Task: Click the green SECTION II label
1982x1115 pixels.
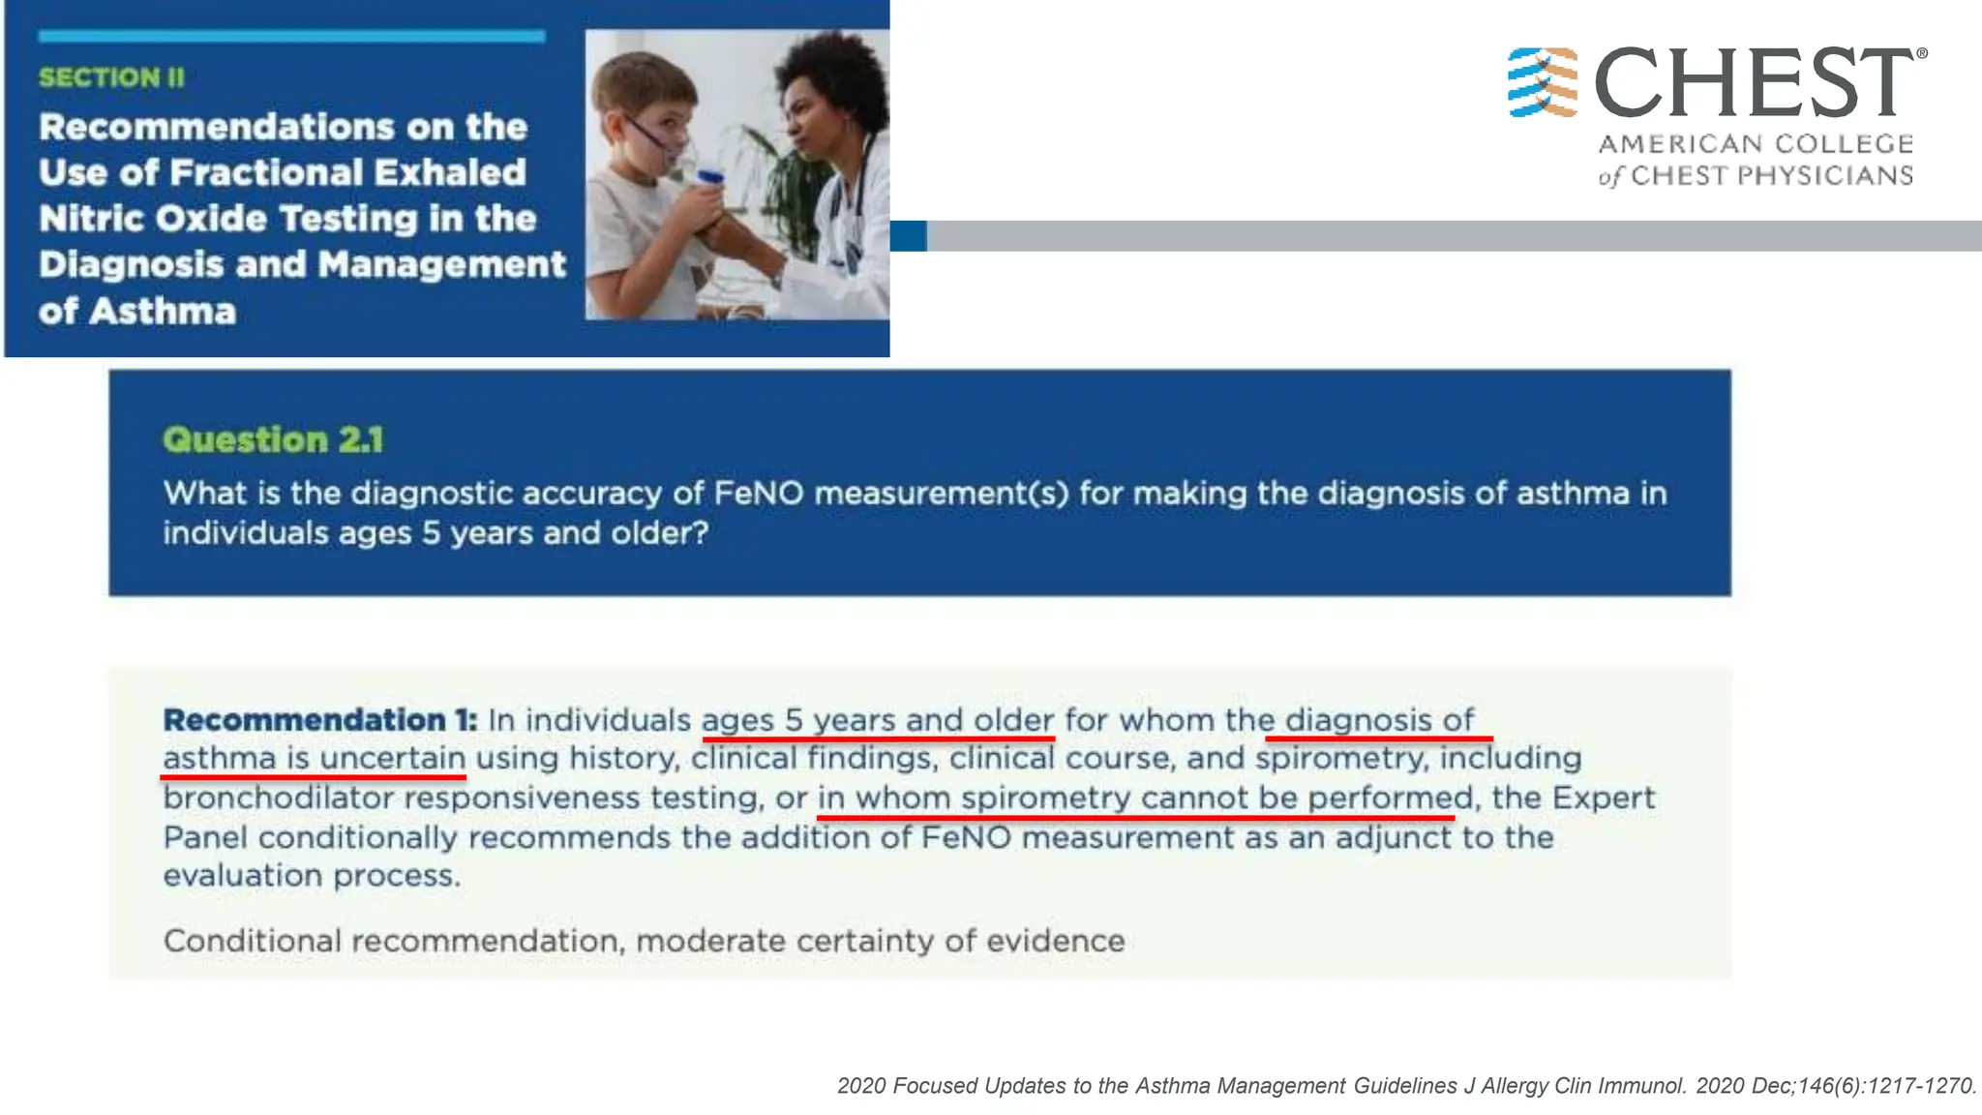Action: [x=111, y=77]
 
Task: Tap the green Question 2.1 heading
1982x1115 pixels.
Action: [x=273, y=440]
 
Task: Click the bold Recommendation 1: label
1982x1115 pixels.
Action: [x=319, y=720]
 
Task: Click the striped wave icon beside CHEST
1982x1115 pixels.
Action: [x=1543, y=82]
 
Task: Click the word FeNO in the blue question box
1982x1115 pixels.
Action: [x=759, y=494]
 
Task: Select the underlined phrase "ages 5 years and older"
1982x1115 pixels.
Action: [x=877, y=721]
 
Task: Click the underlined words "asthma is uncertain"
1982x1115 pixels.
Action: [x=314, y=758]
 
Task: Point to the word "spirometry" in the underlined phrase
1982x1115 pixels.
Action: [x=1045, y=799]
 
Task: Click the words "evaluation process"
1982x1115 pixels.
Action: [x=311, y=876]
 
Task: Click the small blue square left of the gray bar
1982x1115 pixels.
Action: [x=908, y=236]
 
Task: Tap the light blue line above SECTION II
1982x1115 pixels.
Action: [x=291, y=37]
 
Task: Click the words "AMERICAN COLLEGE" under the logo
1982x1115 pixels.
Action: [x=1756, y=144]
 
